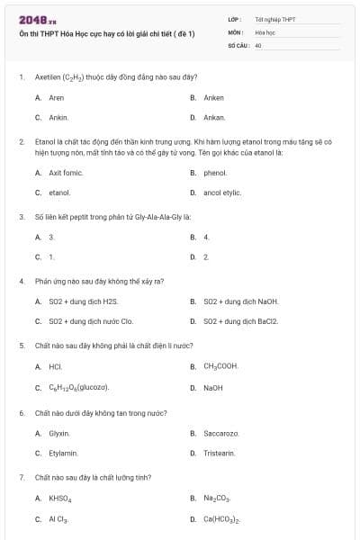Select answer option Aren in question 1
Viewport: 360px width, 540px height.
coord(56,97)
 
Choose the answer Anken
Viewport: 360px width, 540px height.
coord(213,97)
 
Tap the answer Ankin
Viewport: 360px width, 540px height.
coord(58,117)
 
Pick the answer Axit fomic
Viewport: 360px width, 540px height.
coord(65,172)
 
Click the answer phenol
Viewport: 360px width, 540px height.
coord(215,172)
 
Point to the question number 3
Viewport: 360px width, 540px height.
coord(21,217)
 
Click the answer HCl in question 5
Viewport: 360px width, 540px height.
coord(55,366)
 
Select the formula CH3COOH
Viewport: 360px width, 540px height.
coord(220,366)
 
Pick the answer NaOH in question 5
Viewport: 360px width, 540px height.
coord(213,387)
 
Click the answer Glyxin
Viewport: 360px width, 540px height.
coord(59,433)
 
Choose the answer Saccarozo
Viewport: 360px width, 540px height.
coord(220,433)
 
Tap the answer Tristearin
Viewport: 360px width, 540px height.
coord(219,453)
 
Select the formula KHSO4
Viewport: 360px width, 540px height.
coord(60,498)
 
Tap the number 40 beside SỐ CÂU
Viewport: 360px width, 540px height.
coord(258,44)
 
